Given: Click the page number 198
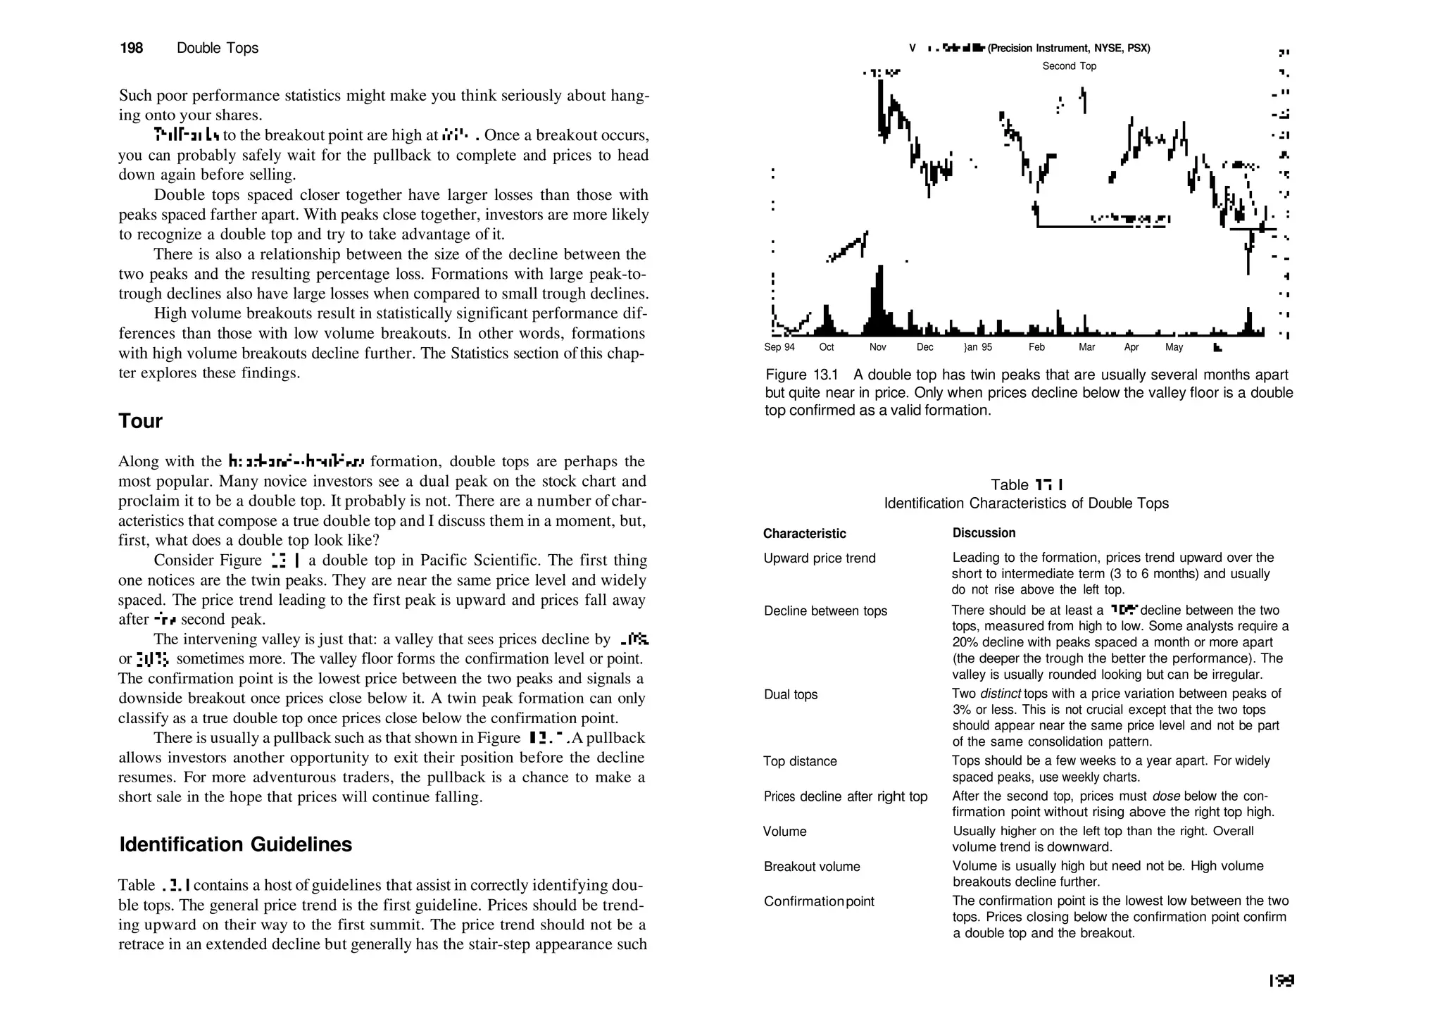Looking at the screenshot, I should tap(132, 48).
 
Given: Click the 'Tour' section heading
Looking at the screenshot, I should tap(141, 421).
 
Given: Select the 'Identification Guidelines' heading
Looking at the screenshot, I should tap(235, 844).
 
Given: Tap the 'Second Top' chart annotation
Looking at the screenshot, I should tap(1069, 66).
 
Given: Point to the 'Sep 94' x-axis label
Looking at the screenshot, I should tap(779, 347).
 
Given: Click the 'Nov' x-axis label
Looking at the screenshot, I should tap(877, 347).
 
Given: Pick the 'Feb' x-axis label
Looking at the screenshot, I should tap(1036, 347).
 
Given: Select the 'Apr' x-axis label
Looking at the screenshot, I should tap(1131, 347).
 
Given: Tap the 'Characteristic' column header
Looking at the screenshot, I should tap(804, 534).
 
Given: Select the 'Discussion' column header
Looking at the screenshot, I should tap(984, 533).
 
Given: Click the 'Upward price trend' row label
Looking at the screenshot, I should tap(819, 558).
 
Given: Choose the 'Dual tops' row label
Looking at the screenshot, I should tap(790, 694).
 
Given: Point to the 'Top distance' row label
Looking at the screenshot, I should tap(800, 761).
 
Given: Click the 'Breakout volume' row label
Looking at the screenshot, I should tap(811, 867).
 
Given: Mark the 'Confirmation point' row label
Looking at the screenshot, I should tap(818, 901).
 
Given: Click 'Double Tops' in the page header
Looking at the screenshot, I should tap(217, 48).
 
